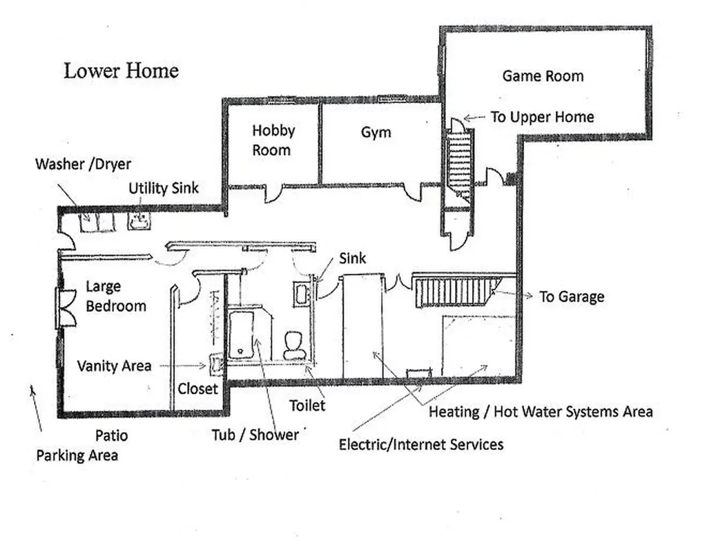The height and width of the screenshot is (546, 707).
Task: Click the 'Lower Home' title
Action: tap(122, 70)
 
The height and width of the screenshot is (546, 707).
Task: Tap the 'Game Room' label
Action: tap(543, 76)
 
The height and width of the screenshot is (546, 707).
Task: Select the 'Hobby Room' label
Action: tap(273, 140)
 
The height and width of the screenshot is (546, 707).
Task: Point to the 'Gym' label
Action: tap(376, 132)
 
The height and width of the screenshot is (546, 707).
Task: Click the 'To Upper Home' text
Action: tap(542, 117)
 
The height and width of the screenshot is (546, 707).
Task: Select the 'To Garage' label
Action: tap(571, 296)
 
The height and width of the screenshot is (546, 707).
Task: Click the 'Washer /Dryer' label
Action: tap(83, 164)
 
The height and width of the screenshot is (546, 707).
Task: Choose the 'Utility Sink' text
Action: tap(164, 187)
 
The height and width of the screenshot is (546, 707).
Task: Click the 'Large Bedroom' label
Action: tap(115, 296)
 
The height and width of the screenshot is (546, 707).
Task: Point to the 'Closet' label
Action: tap(197, 388)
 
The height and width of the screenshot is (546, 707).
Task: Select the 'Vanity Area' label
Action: tap(114, 366)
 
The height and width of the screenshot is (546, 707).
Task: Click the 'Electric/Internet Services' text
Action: tap(420, 444)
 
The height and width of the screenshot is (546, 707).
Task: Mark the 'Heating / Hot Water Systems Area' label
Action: tap(540, 412)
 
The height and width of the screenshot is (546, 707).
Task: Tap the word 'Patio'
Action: tap(111, 435)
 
